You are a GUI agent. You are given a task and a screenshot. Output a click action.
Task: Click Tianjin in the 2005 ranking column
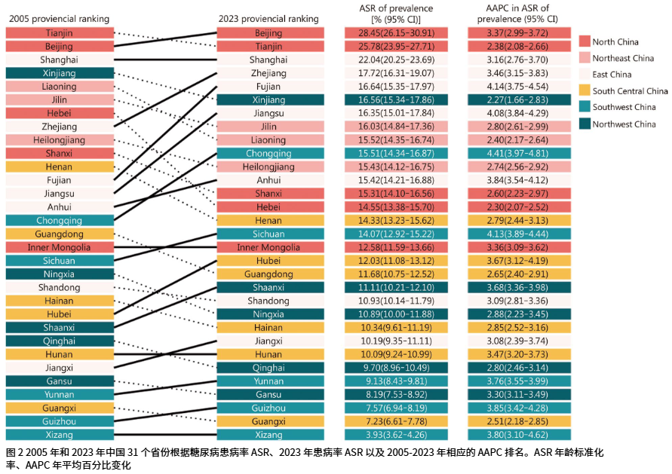coord(59,33)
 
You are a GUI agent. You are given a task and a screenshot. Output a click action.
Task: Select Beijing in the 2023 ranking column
coord(269,33)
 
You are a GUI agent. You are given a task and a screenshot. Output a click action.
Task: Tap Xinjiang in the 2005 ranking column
coord(59,73)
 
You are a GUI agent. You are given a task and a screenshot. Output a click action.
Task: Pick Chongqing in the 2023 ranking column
coord(269,153)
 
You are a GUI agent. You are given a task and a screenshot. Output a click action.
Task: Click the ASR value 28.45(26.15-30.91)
coord(397,33)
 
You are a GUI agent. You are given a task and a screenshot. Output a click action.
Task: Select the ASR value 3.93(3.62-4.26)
coord(397,435)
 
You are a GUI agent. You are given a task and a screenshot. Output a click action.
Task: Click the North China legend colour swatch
coord(584,41)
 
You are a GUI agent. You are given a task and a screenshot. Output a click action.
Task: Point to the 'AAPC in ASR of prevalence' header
coord(517,13)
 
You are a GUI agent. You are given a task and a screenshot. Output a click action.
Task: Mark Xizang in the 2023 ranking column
coord(269,435)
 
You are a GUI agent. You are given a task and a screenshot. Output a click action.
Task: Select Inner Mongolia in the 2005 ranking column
coord(59,247)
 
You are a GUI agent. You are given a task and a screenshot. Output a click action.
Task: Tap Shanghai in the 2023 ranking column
coord(269,60)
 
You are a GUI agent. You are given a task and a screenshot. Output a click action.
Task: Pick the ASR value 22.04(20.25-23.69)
coord(397,60)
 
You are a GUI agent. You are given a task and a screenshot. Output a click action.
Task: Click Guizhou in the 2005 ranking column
coord(59,421)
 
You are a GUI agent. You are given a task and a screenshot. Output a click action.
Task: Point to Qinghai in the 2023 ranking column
coord(269,368)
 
